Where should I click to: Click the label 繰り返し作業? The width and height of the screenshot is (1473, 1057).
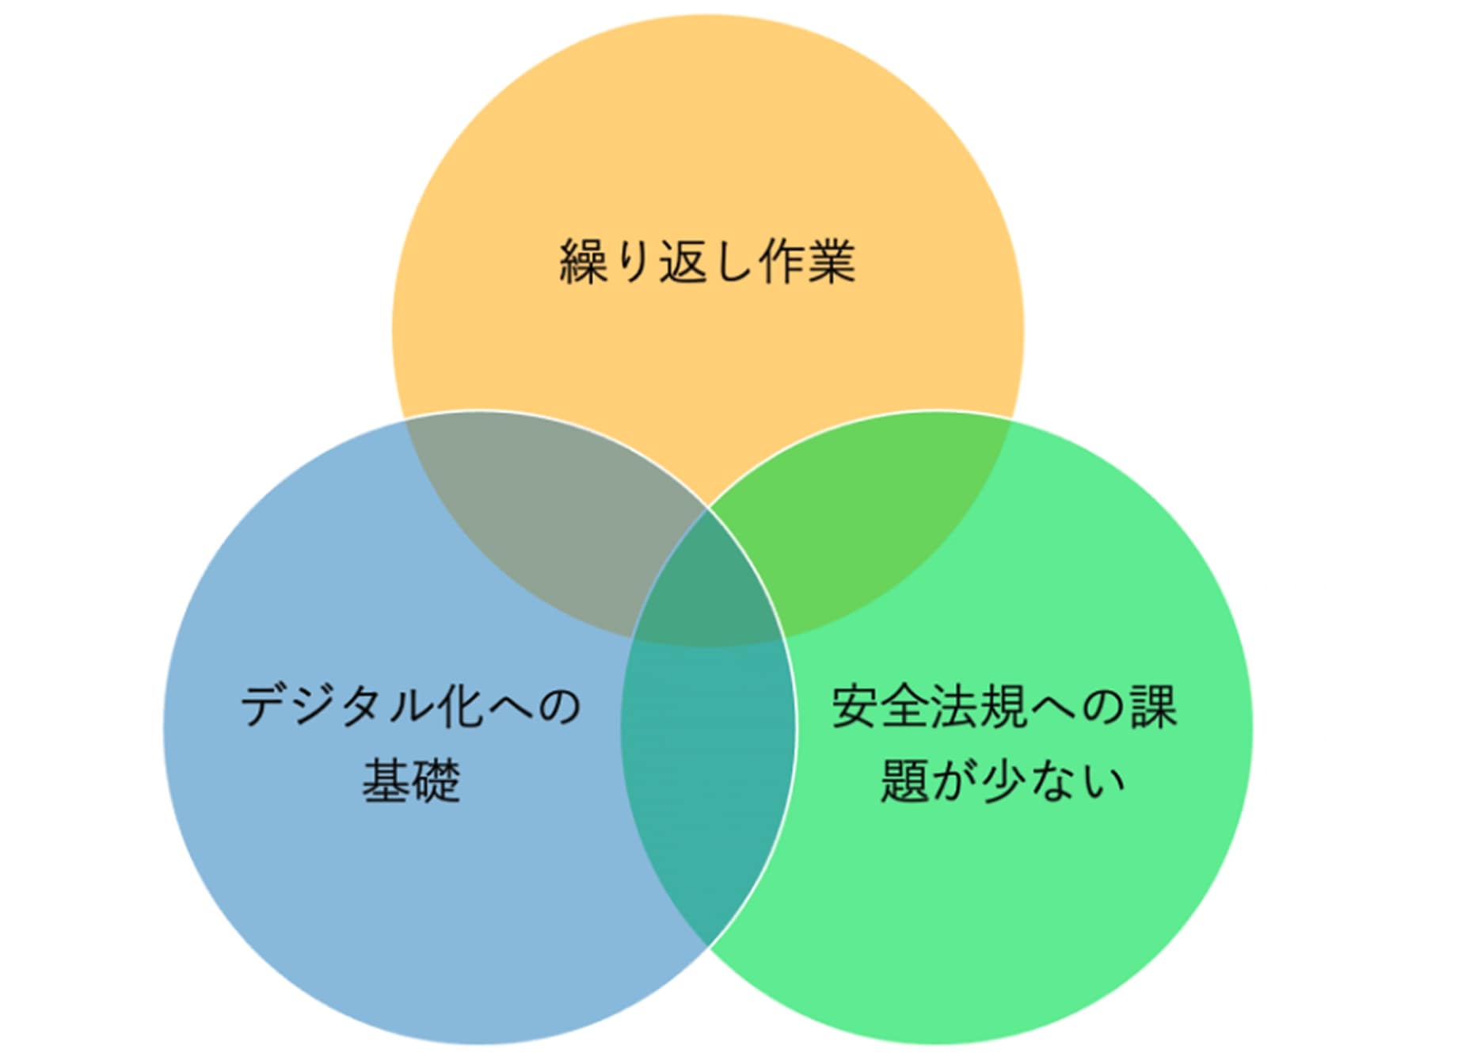click(707, 261)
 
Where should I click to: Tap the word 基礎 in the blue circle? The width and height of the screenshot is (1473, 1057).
click(411, 780)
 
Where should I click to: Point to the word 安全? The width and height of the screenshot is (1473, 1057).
click(880, 706)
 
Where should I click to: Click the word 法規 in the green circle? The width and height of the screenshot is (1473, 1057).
click(978, 706)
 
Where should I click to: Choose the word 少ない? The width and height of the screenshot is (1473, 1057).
click(1052, 780)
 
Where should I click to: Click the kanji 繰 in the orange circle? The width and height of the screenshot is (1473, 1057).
click(584, 261)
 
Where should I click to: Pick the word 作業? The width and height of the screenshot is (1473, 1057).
click(807, 261)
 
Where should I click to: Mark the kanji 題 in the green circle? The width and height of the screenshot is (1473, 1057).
click(904, 780)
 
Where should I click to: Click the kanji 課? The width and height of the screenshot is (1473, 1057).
click(1153, 706)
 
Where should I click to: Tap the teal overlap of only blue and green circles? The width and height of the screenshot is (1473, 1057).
click(707, 777)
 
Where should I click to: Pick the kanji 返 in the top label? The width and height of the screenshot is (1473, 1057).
click(683, 261)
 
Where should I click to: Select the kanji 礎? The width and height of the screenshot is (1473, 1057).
click(436, 780)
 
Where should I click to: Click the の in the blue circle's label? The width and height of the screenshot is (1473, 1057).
click(560, 705)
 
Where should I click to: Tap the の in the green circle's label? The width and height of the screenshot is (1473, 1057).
click(1103, 706)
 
